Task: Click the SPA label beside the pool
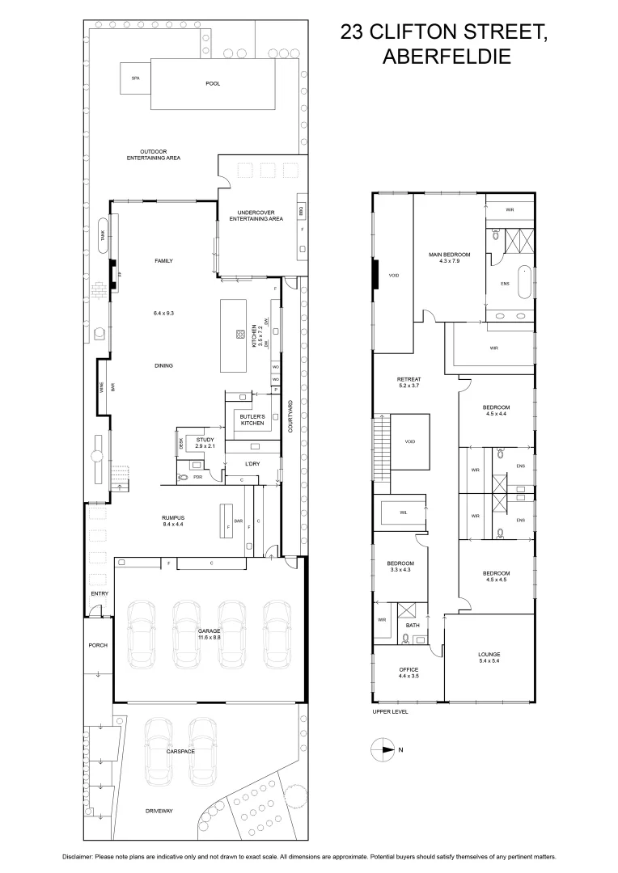(135, 78)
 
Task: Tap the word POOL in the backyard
(214, 83)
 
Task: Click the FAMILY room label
(164, 261)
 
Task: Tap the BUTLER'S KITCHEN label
(252, 420)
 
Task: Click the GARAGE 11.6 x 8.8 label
(210, 634)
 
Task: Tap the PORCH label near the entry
(98, 645)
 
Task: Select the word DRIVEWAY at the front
(159, 811)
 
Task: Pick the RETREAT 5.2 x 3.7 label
(409, 382)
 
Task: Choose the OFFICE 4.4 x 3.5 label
(408, 673)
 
